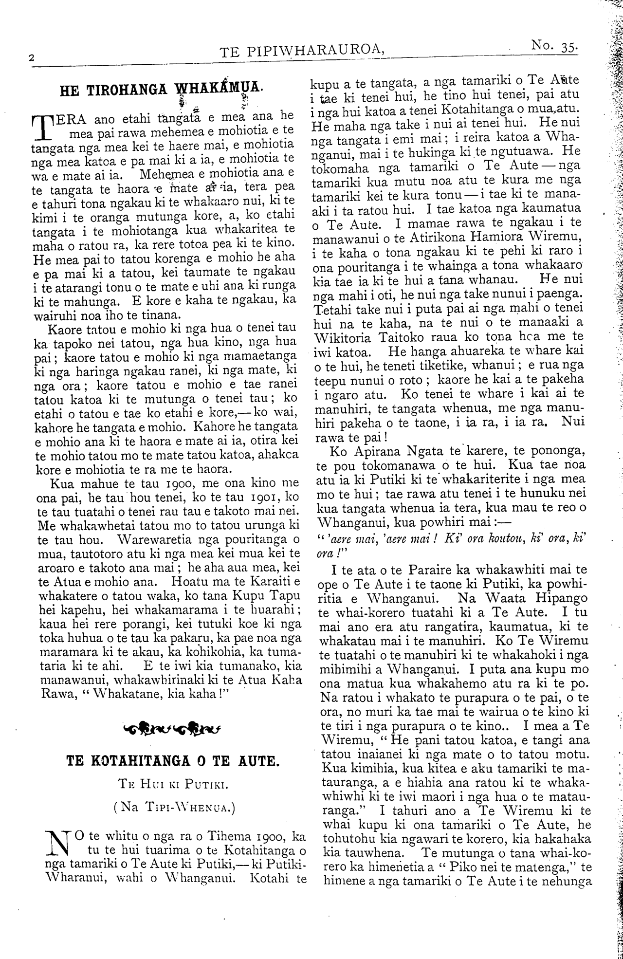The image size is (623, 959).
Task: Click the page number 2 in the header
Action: click(x=31, y=57)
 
